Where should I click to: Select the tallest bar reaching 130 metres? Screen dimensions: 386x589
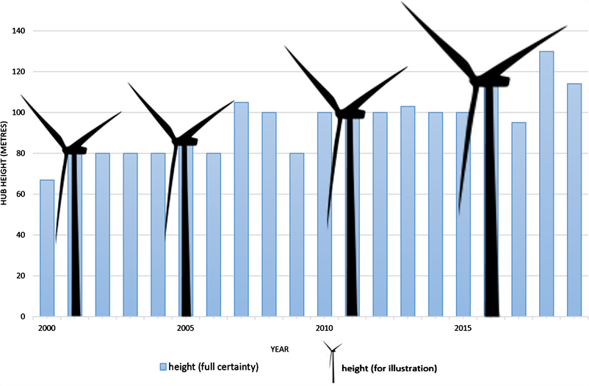click(x=546, y=183)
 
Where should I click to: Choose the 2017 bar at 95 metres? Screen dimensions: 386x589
click(x=518, y=219)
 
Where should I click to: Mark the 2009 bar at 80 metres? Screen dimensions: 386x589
click(x=297, y=235)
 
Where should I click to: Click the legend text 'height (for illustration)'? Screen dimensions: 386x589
click(x=394, y=367)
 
